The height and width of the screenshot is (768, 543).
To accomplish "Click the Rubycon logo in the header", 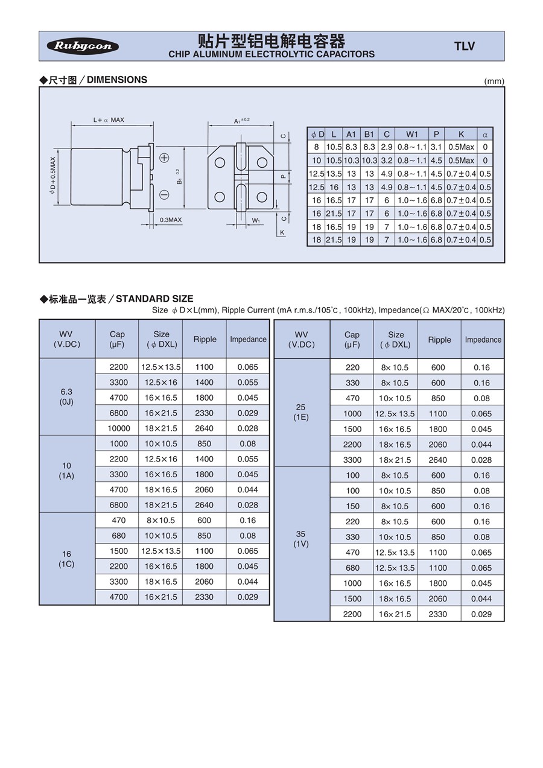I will [x=83, y=46].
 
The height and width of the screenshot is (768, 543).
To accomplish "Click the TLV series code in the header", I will [x=464, y=46].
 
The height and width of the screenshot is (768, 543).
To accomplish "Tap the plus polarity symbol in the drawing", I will [x=164, y=158].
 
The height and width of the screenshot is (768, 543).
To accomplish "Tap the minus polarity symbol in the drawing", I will [x=164, y=194].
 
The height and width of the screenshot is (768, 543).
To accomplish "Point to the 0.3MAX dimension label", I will [x=170, y=220].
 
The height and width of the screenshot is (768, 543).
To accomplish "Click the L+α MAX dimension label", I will [x=109, y=120].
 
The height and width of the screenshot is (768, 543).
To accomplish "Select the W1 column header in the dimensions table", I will [x=412, y=134].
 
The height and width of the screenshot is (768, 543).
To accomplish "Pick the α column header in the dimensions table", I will [x=485, y=134].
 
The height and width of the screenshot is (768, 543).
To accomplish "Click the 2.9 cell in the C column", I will [x=387, y=147].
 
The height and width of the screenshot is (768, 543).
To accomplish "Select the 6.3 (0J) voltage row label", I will [x=66, y=397].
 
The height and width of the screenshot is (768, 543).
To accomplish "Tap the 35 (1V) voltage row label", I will [x=301, y=539].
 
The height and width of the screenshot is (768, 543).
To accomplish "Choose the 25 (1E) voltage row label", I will [x=301, y=413].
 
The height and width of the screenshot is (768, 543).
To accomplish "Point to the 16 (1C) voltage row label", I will [x=66, y=559].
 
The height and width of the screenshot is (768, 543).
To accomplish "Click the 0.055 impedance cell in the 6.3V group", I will [x=247, y=382].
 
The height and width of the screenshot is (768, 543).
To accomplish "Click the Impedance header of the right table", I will [x=483, y=340].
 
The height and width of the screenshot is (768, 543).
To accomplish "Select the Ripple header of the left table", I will [x=205, y=339].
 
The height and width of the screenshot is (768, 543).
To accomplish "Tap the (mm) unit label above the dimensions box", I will [x=494, y=81].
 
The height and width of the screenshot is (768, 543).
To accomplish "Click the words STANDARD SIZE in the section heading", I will [x=154, y=299].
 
